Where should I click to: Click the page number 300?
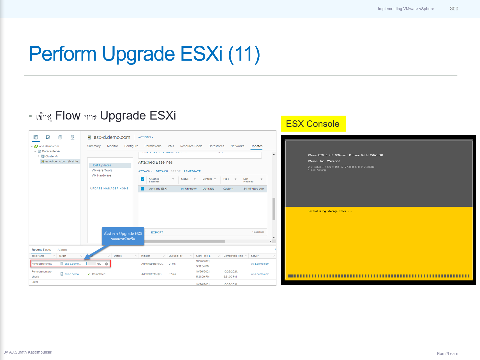coord(454,9)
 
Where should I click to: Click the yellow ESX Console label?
coord(313,124)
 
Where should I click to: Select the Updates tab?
coord(256,146)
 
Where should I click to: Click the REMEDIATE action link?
coord(192,171)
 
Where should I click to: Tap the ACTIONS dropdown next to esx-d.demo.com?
coord(146,137)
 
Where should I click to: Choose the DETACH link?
coord(162,171)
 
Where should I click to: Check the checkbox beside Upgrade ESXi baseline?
coord(142,189)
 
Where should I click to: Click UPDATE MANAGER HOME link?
coord(109,189)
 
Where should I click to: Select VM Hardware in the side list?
coord(101,176)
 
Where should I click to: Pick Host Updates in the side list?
coord(101,166)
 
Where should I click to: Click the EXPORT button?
coord(157,233)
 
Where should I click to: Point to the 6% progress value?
coord(99,264)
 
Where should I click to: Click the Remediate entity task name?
coord(42,264)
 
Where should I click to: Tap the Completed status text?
coord(98,274)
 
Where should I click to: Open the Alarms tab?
coord(62,250)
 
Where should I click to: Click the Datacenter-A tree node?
coord(51,151)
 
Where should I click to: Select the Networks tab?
coord(237,146)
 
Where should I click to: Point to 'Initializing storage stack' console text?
coord(330,211)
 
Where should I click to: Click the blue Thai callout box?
coord(123,236)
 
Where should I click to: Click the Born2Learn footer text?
coord(447,354)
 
